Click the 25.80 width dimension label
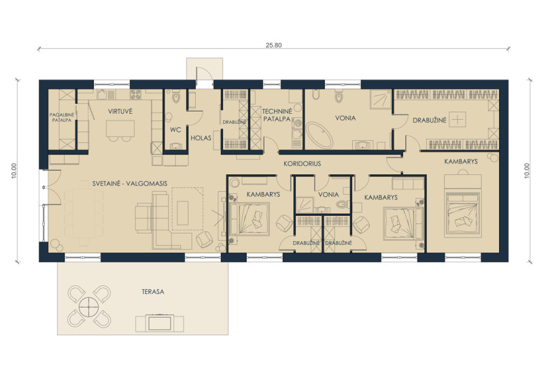click(x=273, y=45)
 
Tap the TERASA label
click(x=153, y=291)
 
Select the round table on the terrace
click(x=89, y=307)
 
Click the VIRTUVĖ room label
click(x=120, y=112)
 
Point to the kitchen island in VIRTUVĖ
click(x=120, y=129)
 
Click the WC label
click(x=175, y=130)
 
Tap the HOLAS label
click(x=201, y=138)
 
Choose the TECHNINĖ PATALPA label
click(x=277, y=115)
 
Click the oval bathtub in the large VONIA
click(x=320, y=135)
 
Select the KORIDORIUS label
click(x=302, y=163)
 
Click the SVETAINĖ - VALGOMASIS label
click(x=130, y=183)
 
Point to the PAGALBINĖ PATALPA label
click(x=61, y=117)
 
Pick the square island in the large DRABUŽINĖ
click(x=458, y=120)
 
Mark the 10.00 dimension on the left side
click(x=14, y=171)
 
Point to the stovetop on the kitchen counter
click(x=135, y=95)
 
